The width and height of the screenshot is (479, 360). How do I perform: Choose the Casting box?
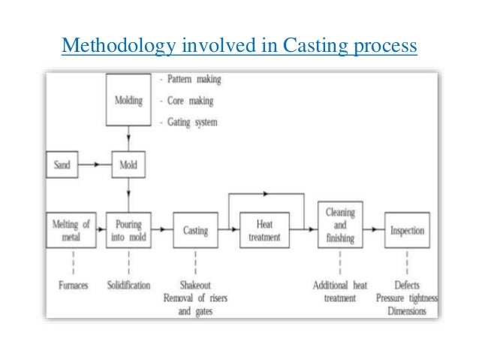click(195, 231)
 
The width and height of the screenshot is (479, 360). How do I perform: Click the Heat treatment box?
click(264, 231)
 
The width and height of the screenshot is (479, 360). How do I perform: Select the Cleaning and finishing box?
click(339, 225)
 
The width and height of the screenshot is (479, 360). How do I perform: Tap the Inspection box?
click(408, 231)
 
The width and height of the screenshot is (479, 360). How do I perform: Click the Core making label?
click(188, 101)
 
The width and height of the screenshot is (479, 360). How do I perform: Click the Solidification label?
click(128, 286)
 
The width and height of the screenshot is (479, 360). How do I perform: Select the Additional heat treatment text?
click(339, 292)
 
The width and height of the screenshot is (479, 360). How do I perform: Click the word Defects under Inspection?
click(408, 286)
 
